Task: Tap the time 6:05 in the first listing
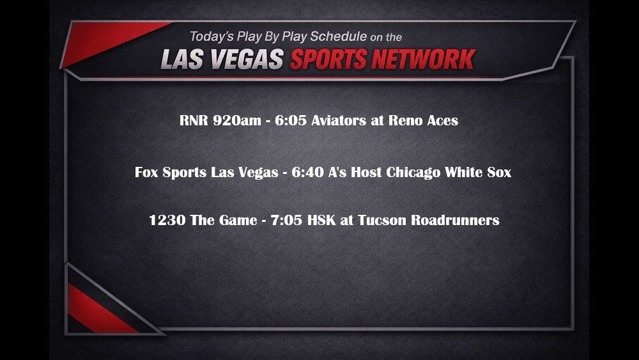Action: [x=290, y=120]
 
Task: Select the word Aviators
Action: [x=339, y=120]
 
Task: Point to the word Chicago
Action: [x=415, y=173]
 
